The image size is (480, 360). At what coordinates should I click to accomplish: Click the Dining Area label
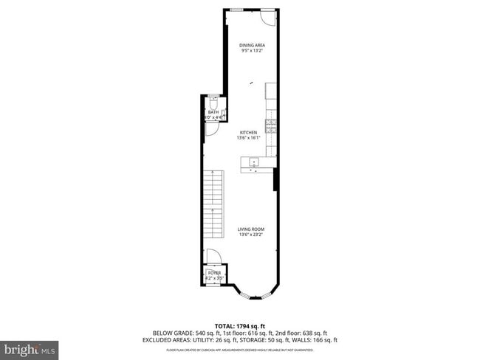[x=252, y=46]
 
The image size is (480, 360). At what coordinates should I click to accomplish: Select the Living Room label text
[x=251, y=229]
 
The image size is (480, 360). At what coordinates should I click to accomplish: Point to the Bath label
[x=213, y=112]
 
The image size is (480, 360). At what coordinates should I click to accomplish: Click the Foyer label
[x=213, y=273]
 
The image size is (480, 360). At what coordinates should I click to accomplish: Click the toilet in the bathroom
[x=213, y=103]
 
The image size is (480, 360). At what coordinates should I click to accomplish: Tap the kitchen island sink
[x=253, y=162]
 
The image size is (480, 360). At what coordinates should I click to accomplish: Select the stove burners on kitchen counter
[x=270, y=125]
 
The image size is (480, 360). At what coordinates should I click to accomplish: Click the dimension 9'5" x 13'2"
[x=252, y=51]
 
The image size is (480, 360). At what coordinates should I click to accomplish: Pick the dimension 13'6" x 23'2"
[x=251, y=235]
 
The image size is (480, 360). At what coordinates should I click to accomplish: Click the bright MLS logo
[x=30, y=347]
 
